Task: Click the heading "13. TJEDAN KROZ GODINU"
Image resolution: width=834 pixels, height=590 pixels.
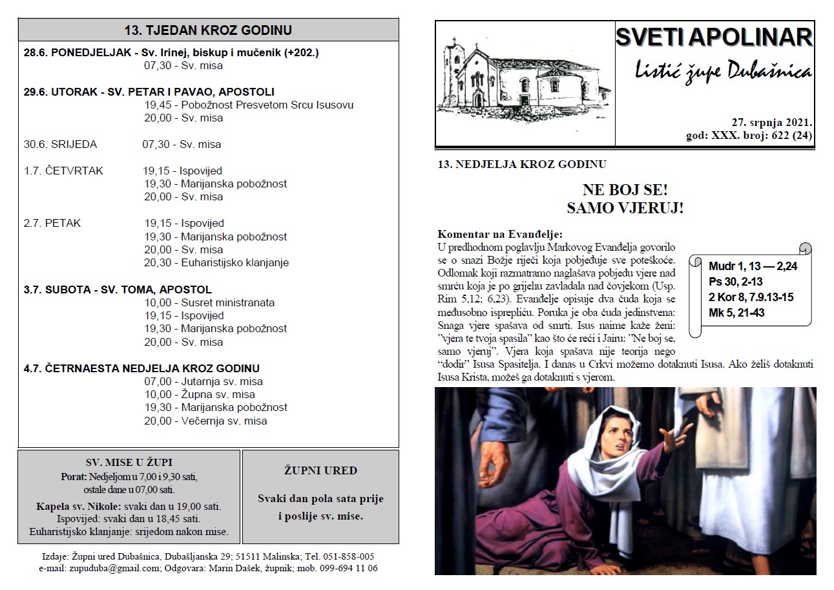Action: point(208,30)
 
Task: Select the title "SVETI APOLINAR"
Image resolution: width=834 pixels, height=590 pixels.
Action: point(713,37)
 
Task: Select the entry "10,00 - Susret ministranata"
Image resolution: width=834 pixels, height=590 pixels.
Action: point(210,302)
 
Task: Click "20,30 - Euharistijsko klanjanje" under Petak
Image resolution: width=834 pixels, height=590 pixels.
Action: point(216,262)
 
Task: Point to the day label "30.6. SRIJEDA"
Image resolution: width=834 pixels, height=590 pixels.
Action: point(60,144)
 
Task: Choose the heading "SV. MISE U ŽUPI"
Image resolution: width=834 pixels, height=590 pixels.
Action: point(129,462)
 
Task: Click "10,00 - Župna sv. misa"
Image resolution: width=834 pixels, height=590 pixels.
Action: point(200,394)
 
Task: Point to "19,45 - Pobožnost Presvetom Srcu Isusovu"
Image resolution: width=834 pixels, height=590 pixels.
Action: point(249,105)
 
